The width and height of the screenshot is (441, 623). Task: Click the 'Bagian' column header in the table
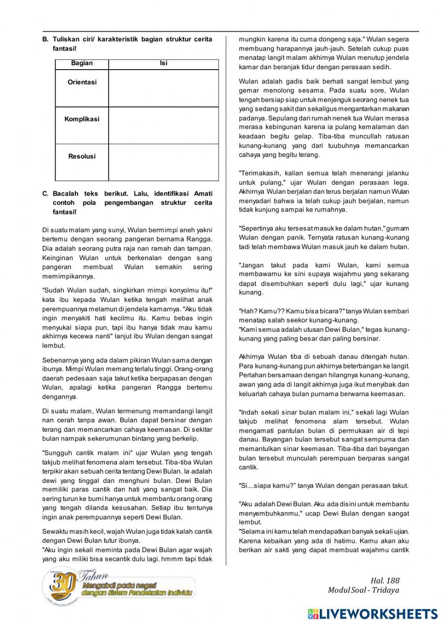point(82,63)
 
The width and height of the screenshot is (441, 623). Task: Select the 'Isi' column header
point(163,63)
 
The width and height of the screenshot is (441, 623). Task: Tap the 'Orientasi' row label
point(82,82)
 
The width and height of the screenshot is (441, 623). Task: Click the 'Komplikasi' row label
point(82,119)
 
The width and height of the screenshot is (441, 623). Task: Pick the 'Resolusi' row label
point(82,156)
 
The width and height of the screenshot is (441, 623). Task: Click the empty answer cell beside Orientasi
point(163,88)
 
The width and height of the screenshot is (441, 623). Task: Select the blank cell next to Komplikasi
point(163,125)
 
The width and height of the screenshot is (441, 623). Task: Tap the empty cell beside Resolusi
point(163,162)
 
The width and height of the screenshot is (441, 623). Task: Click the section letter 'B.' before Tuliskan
point(45,39)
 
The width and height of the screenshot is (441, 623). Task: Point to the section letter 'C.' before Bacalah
point(45,193)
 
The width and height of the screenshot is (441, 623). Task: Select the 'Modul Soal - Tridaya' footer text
point(363,590)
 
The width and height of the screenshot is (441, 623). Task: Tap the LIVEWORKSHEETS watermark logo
point(373,614)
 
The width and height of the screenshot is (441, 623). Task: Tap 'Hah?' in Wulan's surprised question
point(247,311)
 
